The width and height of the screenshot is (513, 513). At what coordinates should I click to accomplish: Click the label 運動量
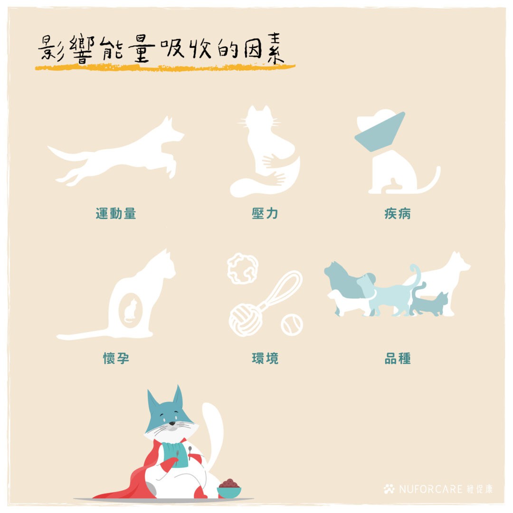pyautogui.click(x=116, y=214)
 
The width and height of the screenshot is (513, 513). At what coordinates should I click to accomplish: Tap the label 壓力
pyautogui.click(x=265, y=214)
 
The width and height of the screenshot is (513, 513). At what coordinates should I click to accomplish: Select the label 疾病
pyautogui.click(x=398, y=214)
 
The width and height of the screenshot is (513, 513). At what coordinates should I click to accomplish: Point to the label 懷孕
pyautogui.click(x=116, y=358)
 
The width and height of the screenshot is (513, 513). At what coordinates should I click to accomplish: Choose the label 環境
pyautogui.click(x=265, y=358)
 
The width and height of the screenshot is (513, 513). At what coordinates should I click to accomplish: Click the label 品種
pyautogui.click(x=398, y=358)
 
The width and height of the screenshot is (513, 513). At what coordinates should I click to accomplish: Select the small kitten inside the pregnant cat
pyautogui.click(x=131, y=310)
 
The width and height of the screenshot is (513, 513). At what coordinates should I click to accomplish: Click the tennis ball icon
pyautogui.click(x=292, y=324)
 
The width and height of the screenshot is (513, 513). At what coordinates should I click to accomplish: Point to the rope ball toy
pyautogui.click(x=246, y=319)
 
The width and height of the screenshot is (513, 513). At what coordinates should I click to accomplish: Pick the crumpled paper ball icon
pyautogui.click(x=243, y=268)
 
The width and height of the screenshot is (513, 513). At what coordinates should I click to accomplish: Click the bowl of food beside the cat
pyautogui.click(x=229, y=488)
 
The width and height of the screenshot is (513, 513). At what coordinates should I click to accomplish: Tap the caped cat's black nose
pyautogui.click(x=172, y=423)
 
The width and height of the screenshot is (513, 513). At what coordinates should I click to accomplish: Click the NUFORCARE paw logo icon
pyautogui.click(x=389, y=489)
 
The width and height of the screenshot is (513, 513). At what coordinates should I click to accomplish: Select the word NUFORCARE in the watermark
pyautogui.click(x=430, y=489)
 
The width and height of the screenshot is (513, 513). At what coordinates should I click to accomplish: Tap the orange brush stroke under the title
pyautogui.click(x=165, y=67)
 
